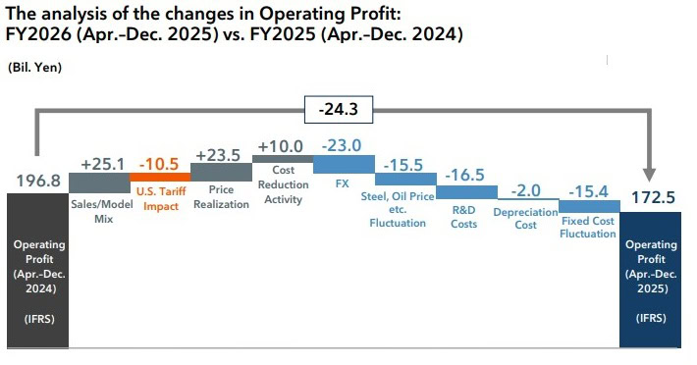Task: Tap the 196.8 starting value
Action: click(x=38, y=182)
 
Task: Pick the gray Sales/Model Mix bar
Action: click(x=99, y=182)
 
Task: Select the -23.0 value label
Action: click(x=344, y=145)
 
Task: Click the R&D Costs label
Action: click(x=465, y=217)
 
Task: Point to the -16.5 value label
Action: click(x=465, y=177)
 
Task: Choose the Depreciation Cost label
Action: click(x=527, y=218)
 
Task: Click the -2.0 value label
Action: click(x=527, y=189)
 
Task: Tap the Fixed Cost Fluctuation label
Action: click(x=588, y=228)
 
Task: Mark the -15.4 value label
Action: click(x=588, y=189)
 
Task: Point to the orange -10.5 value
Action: click(x=160, y=164)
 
